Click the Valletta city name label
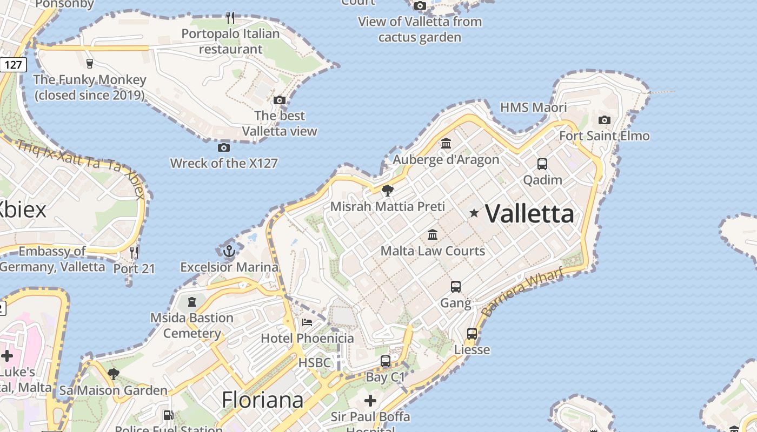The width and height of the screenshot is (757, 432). coord(529,214)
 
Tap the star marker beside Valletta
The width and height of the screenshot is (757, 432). coord(474,213)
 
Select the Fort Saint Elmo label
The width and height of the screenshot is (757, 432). coord(604,136)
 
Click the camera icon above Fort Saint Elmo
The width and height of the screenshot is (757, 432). coord(605,120)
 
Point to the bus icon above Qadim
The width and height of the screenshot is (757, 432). coord(542,164)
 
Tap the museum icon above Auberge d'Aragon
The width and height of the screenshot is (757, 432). coord(446,144)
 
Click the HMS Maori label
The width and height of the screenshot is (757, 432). coord(533,107)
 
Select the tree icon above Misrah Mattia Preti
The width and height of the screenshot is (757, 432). coord(387,191)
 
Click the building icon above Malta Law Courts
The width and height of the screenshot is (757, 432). coord(433,235)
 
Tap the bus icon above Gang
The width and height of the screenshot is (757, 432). coord(456,287)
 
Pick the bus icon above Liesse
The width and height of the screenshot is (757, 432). coord(472,334)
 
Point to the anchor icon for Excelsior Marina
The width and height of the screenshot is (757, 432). coord(229,251)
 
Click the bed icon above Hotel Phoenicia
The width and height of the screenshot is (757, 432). coord(307,322)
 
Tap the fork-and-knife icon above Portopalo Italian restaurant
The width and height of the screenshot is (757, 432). coord(230,18)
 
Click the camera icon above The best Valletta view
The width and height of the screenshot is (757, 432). coord(279,100)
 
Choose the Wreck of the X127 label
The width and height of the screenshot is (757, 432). coord(224,163)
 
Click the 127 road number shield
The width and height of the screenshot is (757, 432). coord(13,65)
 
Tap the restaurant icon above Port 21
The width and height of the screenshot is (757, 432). coord(134,252)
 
